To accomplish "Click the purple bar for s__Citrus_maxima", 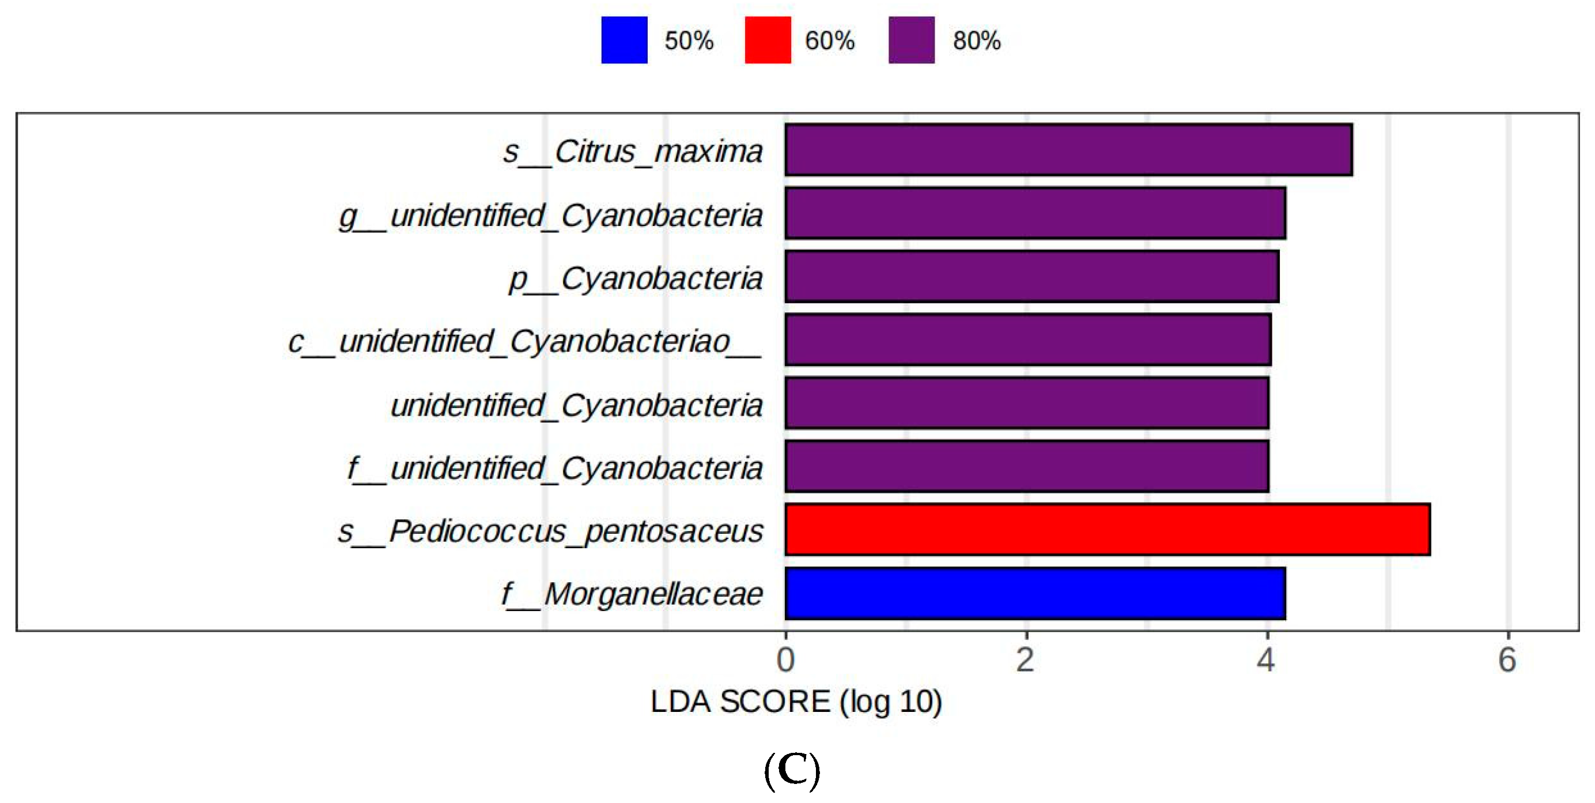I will (x=1068, y=150).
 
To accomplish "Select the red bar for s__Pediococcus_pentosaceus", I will (x=1107, y=530).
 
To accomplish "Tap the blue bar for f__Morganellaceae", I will (x=1035, y=593).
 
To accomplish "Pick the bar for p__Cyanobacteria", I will (x=1031, y=277).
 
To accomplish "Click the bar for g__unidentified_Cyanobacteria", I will (x=1035, y=213).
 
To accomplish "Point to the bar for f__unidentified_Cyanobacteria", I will (x=1027, y=466).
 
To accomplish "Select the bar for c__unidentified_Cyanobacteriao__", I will (x=1028, y=340).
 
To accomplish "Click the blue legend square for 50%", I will (x=624, y=40).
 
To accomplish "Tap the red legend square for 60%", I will (x=768, y=40).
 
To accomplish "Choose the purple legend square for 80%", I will (x=912, y=40).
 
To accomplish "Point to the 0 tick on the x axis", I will (x=786, y=659).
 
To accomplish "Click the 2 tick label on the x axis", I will (x=1025, y=659).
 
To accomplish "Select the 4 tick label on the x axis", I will (x=1266, y=659).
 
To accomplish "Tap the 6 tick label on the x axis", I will (x=1507, y=659).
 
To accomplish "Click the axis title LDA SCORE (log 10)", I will (x=796, y=702).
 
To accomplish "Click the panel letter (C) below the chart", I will (x=792, y=770).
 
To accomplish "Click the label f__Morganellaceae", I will (x=632, y=594).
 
